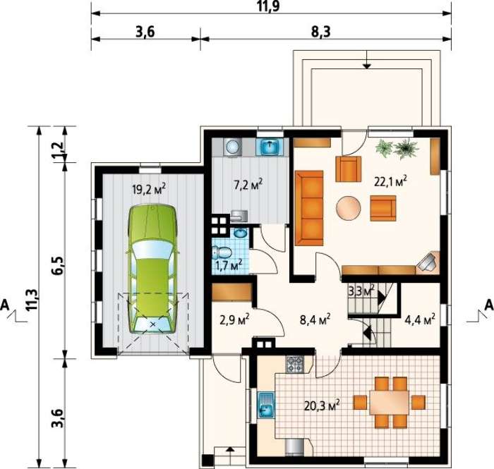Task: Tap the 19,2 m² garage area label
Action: point(149,190)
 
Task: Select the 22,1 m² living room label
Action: point(390,182)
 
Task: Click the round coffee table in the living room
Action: point(349,207)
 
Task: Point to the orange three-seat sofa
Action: point(309,208)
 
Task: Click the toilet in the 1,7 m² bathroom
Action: point(222,252)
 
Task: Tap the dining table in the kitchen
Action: point(389,403)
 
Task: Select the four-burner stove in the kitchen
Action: point(295,364)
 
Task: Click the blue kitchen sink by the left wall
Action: point(266,405)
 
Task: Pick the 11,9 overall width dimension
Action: point(269,6)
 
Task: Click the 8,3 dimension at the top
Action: point(322,32)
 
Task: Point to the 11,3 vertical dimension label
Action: point(32,300)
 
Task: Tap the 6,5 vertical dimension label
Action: point(59,266)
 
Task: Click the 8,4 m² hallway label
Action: point(315,320)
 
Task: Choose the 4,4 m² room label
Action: point(420,320)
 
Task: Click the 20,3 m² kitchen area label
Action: point(322,406)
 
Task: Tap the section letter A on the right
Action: point(488,305)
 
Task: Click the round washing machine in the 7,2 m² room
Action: point(233,147)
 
